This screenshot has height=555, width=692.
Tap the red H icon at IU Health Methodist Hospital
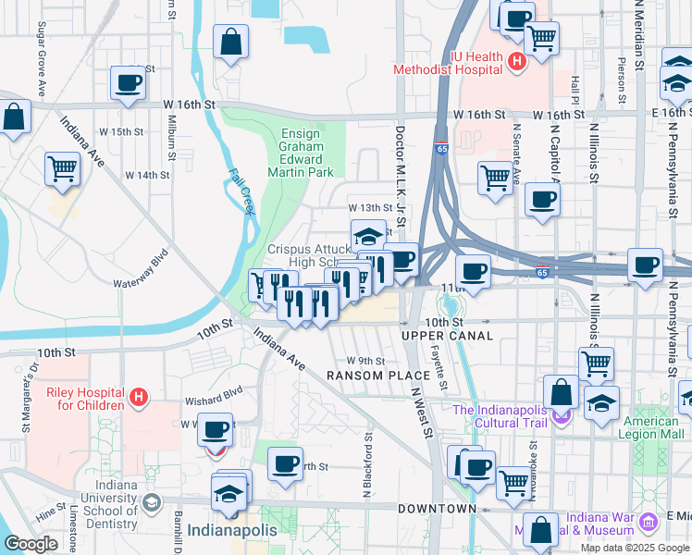point(517,62)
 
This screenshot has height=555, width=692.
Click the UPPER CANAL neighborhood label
point(434,335)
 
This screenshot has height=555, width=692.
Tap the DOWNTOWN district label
point(437,509)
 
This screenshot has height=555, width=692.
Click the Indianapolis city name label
point(232,531)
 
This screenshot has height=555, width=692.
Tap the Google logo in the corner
point(31,544)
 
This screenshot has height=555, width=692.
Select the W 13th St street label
point(370,207)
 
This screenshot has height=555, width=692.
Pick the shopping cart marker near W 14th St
point(62,169)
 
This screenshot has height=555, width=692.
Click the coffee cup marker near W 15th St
point(128,82)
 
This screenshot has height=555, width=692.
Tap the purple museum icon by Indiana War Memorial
point(649,524)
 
